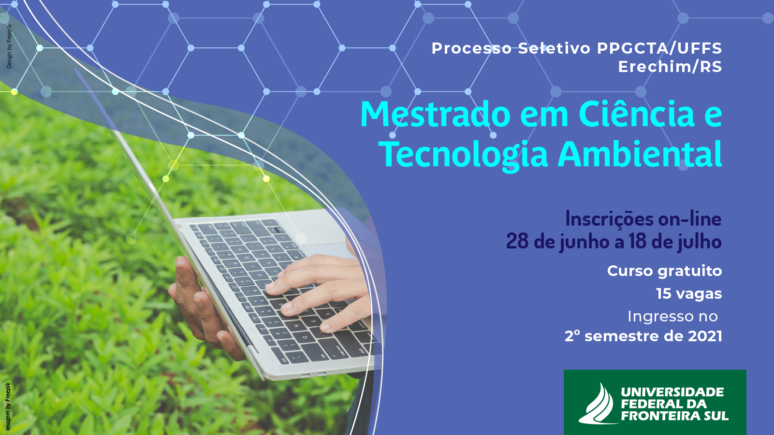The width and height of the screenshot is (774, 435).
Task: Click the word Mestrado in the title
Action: tap(435, 114)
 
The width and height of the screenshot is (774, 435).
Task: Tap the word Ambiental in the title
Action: tap(640, 154)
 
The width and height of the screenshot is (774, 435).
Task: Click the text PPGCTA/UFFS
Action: tap(659, 48)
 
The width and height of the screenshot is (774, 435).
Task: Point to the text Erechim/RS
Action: tap(670, 67)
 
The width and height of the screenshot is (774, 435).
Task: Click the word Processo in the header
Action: tap(472, 49)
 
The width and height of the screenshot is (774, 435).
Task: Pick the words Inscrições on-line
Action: tap(643, 219)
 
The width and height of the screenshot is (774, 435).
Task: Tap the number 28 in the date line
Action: tap(517, 241)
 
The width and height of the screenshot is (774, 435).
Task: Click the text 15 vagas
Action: tap(689, 294)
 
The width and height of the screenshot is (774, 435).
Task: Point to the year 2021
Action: tap(705, 336)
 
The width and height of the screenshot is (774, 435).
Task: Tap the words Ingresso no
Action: tap(672, 317)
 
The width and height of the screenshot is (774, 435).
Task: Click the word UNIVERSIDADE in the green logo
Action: tap(672, 392)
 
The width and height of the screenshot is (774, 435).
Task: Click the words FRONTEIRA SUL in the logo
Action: tap(674, 416)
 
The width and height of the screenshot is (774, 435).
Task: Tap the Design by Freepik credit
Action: tap(9, 46)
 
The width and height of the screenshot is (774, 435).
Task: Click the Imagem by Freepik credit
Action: tap(8, 406)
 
